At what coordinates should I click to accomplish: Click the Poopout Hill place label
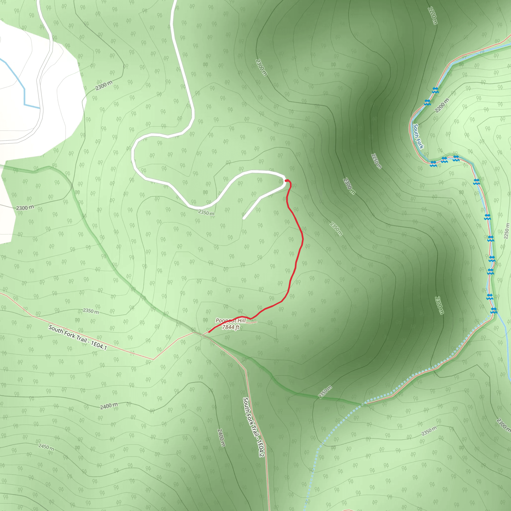pyautogui.click(x=231, y=321)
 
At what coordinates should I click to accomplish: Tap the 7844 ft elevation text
pyautogui.click(x=231, y=327)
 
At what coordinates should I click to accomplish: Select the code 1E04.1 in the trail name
pyautogui.click(x=99, y=345)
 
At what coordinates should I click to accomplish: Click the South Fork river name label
pyautogui.click(x=418, y=136)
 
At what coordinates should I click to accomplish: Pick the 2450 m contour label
pyautogui.click(x=46, y=447)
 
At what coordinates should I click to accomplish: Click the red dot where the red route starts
pyautogui.click(x=286, y=181)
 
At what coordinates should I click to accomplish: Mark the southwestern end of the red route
pyautogui.click(x=209, y=332)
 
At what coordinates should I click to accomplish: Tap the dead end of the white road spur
pyautogui.click(x=244, y=219)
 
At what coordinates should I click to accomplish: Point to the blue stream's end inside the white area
pyautogui.click(x=39, y=108)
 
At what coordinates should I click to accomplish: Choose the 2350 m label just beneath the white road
pyautogui.click(x=206, y=213)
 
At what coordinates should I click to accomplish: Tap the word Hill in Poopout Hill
pyautogui.click(x=241, y=321)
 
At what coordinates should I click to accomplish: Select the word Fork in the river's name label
pyautogui.click(x=420, y=143)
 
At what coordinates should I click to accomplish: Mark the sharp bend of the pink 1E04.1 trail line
pyautogui.click(x=153, y=359)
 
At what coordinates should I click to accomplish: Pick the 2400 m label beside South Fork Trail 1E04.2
pyautogui.click(x=221, y=438)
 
